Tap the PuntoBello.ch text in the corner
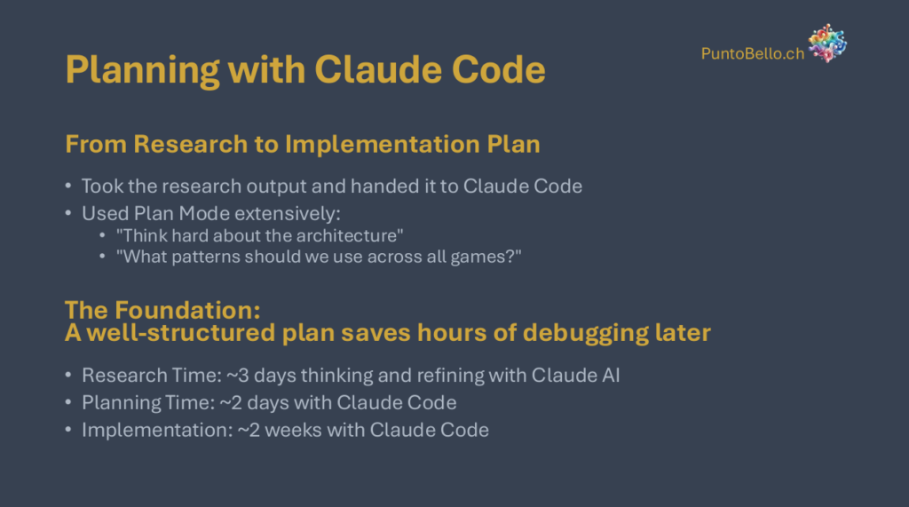pyautogui.click(x=753, y=53)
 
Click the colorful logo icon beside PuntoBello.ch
pyautogui.click(x=827, y=43)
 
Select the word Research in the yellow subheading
pyautogui.click(x=190, y=144)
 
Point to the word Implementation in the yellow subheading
pyautogui.click(x=382, y=144)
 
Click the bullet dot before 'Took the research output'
pyautogui.click(x=68, y=186)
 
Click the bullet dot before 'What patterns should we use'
pyautogui.click(x=102, y=257)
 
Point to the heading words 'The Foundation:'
pyautogui.click(x=163, y=311)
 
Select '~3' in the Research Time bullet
pyautogui.click(x=238, y=376)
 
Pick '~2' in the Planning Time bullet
pyautogui.click(x=232, y=402)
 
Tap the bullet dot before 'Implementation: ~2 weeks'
pyautogui.click(x=68, y=430)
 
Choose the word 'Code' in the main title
pyautogui.click(x=499, y=70)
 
